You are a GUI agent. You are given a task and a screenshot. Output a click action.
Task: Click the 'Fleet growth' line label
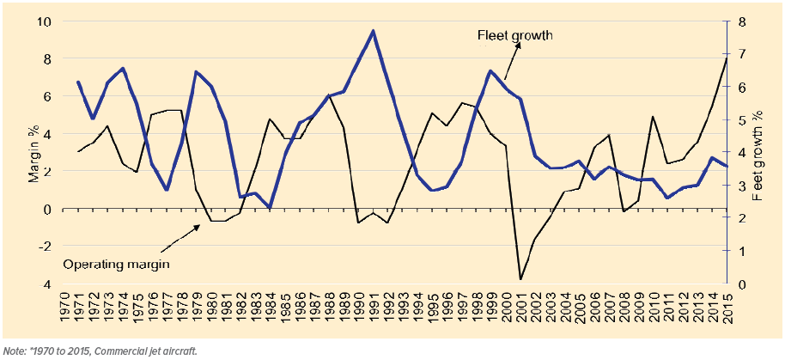tap(514, 35)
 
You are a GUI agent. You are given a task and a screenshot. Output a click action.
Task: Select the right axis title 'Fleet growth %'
tap(758, 156)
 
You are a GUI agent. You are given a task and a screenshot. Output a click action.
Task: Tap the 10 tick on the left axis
tap(44, 21)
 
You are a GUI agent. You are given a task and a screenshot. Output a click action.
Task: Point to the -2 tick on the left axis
tap(44, 247)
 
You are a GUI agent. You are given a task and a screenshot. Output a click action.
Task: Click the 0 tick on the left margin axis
tap(46, 209)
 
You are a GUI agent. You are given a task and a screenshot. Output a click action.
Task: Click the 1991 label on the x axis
tap(373, 308)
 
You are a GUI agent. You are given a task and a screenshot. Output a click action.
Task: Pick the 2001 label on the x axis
tap(520, 308)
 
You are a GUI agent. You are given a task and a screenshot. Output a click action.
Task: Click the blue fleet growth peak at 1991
tap(373, 31)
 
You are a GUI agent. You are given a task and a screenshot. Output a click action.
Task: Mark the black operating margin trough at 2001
tap(520, 279)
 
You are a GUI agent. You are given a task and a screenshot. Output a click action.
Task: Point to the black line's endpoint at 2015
tap(727, 58)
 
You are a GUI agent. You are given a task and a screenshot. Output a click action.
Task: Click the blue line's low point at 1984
tap(270, 208)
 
